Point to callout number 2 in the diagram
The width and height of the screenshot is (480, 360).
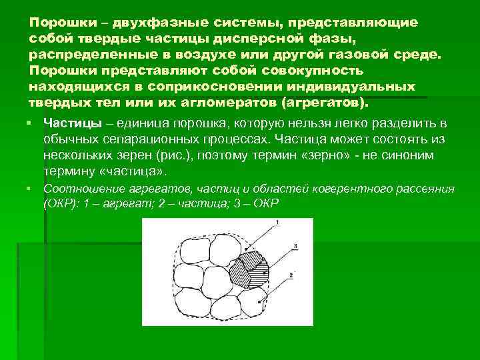point(293,275)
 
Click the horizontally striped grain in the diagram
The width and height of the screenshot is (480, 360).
point(261,270)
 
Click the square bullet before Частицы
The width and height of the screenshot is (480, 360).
point(31,124)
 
